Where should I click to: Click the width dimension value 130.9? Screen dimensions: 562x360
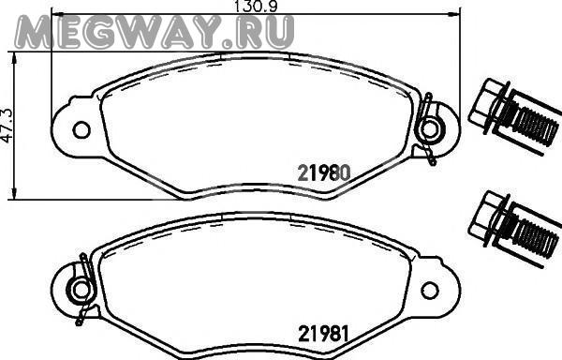tap(255, 7)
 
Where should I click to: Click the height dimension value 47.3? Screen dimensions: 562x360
tap(7, 125)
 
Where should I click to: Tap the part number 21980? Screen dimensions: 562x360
tap(324, 173)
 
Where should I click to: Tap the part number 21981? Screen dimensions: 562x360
tap(323, 333)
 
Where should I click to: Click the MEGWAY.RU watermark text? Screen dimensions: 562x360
tap(155, 32)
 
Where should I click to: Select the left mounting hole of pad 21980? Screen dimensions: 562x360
tap(81, 129)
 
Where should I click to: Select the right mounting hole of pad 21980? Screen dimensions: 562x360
tap(430, 129)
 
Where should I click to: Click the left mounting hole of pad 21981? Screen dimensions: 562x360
tap(81, 290)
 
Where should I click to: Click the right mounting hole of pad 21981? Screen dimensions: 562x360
tap(430, 290)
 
